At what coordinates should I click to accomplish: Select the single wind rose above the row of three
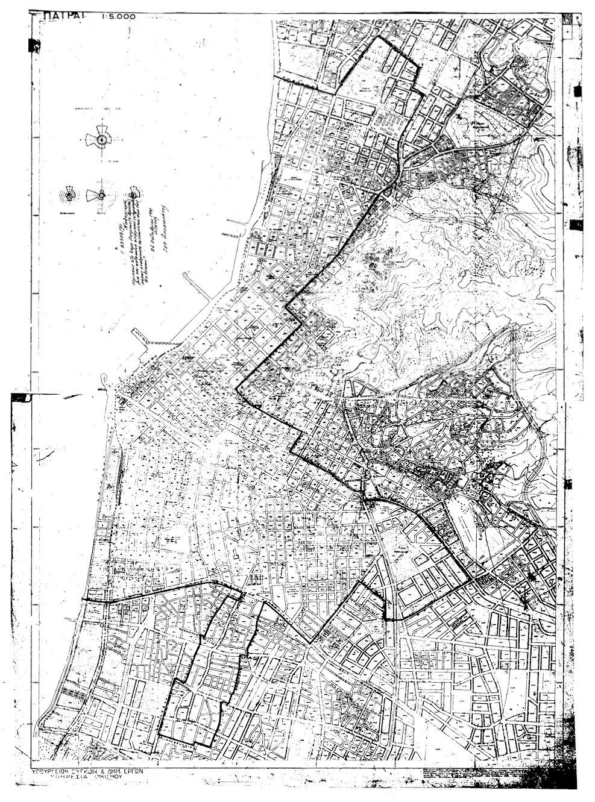(101, 140)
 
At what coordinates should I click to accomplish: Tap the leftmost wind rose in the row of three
(70, 195)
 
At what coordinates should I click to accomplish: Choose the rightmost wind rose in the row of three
(133, 193)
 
